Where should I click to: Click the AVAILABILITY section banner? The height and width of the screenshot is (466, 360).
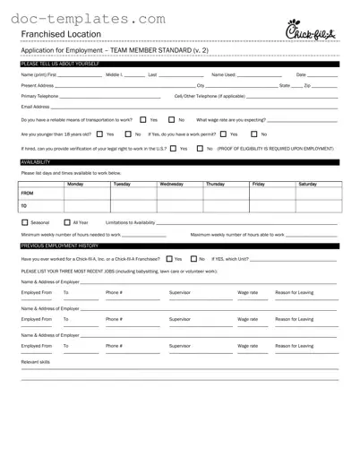pyautogui.click(x=36, y=161)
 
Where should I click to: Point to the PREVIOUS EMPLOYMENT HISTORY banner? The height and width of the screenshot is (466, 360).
pyautogui.click(x=59, y=244)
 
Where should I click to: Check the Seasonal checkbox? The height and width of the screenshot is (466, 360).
pyautogui.click(x=24, y=221)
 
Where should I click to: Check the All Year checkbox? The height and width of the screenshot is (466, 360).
pyautogui.click(x=67, y=221)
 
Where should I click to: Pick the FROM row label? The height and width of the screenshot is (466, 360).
pyautogui.click(x=27, y=193)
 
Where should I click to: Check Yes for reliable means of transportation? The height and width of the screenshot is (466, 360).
pyautogui.click(x=143, y=119)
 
